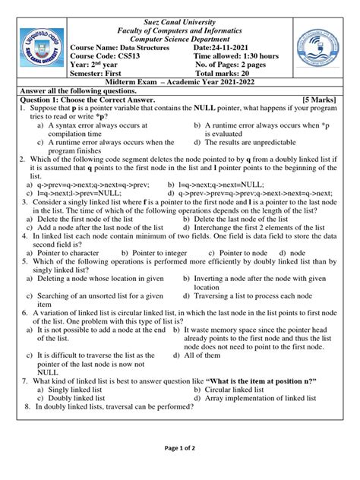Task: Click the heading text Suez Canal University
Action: click(179, 8)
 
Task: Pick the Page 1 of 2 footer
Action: click(179, 469)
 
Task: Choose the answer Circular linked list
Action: click(242, 389)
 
